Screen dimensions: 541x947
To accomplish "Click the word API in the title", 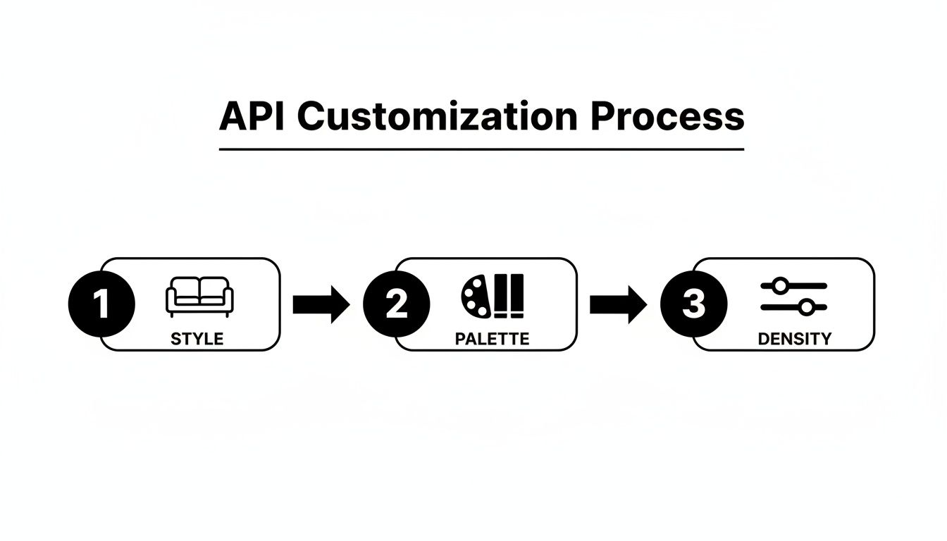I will point(252,116).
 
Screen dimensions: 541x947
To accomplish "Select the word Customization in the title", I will point(437,116).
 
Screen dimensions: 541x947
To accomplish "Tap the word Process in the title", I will point(667,116).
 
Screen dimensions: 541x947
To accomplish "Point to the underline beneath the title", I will point(481,149).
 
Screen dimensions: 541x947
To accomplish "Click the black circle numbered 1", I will point(101,304).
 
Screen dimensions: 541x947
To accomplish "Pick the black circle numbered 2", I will point(397,304).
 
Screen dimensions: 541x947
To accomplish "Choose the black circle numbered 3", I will point(693,304).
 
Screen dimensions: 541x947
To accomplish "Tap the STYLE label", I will point(197,339).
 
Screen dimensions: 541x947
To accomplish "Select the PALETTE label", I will point(492,339).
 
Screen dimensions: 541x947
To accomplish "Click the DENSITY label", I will point(794,339).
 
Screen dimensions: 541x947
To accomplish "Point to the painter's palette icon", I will point(477,296).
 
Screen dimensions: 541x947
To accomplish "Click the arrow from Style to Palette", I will point(321,304).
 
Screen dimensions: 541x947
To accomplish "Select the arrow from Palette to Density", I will point(618,304).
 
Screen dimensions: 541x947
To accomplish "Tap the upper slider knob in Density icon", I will point(780,285).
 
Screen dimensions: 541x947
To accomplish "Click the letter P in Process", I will point(600,116).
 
